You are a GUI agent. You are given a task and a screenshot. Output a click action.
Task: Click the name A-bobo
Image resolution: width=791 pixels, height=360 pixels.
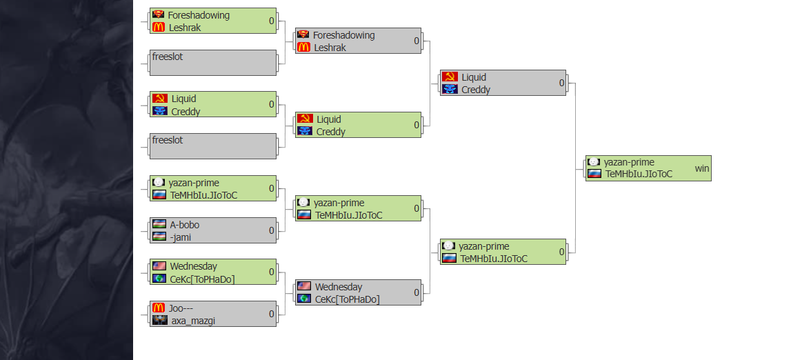[x=185, y=225]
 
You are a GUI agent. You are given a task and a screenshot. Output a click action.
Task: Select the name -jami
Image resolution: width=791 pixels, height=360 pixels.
[x=181, y=237]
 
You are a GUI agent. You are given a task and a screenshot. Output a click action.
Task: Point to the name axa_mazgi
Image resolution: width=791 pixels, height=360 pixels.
[x=193, y=321]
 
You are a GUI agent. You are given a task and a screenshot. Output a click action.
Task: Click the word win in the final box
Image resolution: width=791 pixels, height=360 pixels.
[x=701, y=168]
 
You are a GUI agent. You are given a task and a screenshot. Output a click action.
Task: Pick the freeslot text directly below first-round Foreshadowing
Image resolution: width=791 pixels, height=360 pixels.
[x=168, y=57]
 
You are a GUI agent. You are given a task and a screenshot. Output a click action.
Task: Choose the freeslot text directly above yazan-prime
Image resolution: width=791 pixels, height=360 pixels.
[x=168, y=140]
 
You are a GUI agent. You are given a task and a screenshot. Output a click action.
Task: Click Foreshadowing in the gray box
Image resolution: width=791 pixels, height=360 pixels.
[x=343, y=35]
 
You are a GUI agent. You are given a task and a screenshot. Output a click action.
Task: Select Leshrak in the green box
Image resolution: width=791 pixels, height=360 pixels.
[x=185, y=28]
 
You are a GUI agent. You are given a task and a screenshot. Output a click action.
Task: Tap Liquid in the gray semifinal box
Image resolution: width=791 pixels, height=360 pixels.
[x=474, y=77]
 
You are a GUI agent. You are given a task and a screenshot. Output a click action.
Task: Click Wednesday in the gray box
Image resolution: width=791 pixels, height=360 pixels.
[x=339, y=287]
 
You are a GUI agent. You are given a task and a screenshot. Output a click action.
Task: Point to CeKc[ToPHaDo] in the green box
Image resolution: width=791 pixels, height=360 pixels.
[x=202, y=279]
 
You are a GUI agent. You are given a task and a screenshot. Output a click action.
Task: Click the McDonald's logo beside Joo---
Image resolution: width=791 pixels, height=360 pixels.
[x=159, y=308]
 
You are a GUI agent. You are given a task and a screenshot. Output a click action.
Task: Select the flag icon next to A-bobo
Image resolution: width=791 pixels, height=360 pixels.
[x=159, y=225]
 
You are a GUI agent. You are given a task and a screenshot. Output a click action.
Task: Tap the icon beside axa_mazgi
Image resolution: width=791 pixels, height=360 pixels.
[x=159, y=321]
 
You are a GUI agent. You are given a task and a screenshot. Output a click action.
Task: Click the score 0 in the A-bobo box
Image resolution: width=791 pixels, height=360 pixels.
[x=272, y=230]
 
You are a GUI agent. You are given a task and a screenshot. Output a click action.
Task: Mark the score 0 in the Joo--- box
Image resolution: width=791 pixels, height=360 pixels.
[x=272, y=314]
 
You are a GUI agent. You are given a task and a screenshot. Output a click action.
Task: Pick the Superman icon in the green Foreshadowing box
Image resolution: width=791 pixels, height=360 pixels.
[x=159, y=14]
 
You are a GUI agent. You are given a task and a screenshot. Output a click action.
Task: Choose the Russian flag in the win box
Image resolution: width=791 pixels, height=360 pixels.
[x=594, y=174]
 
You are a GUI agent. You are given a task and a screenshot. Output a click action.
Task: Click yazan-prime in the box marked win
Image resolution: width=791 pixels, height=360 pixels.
[x=629, y=162]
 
